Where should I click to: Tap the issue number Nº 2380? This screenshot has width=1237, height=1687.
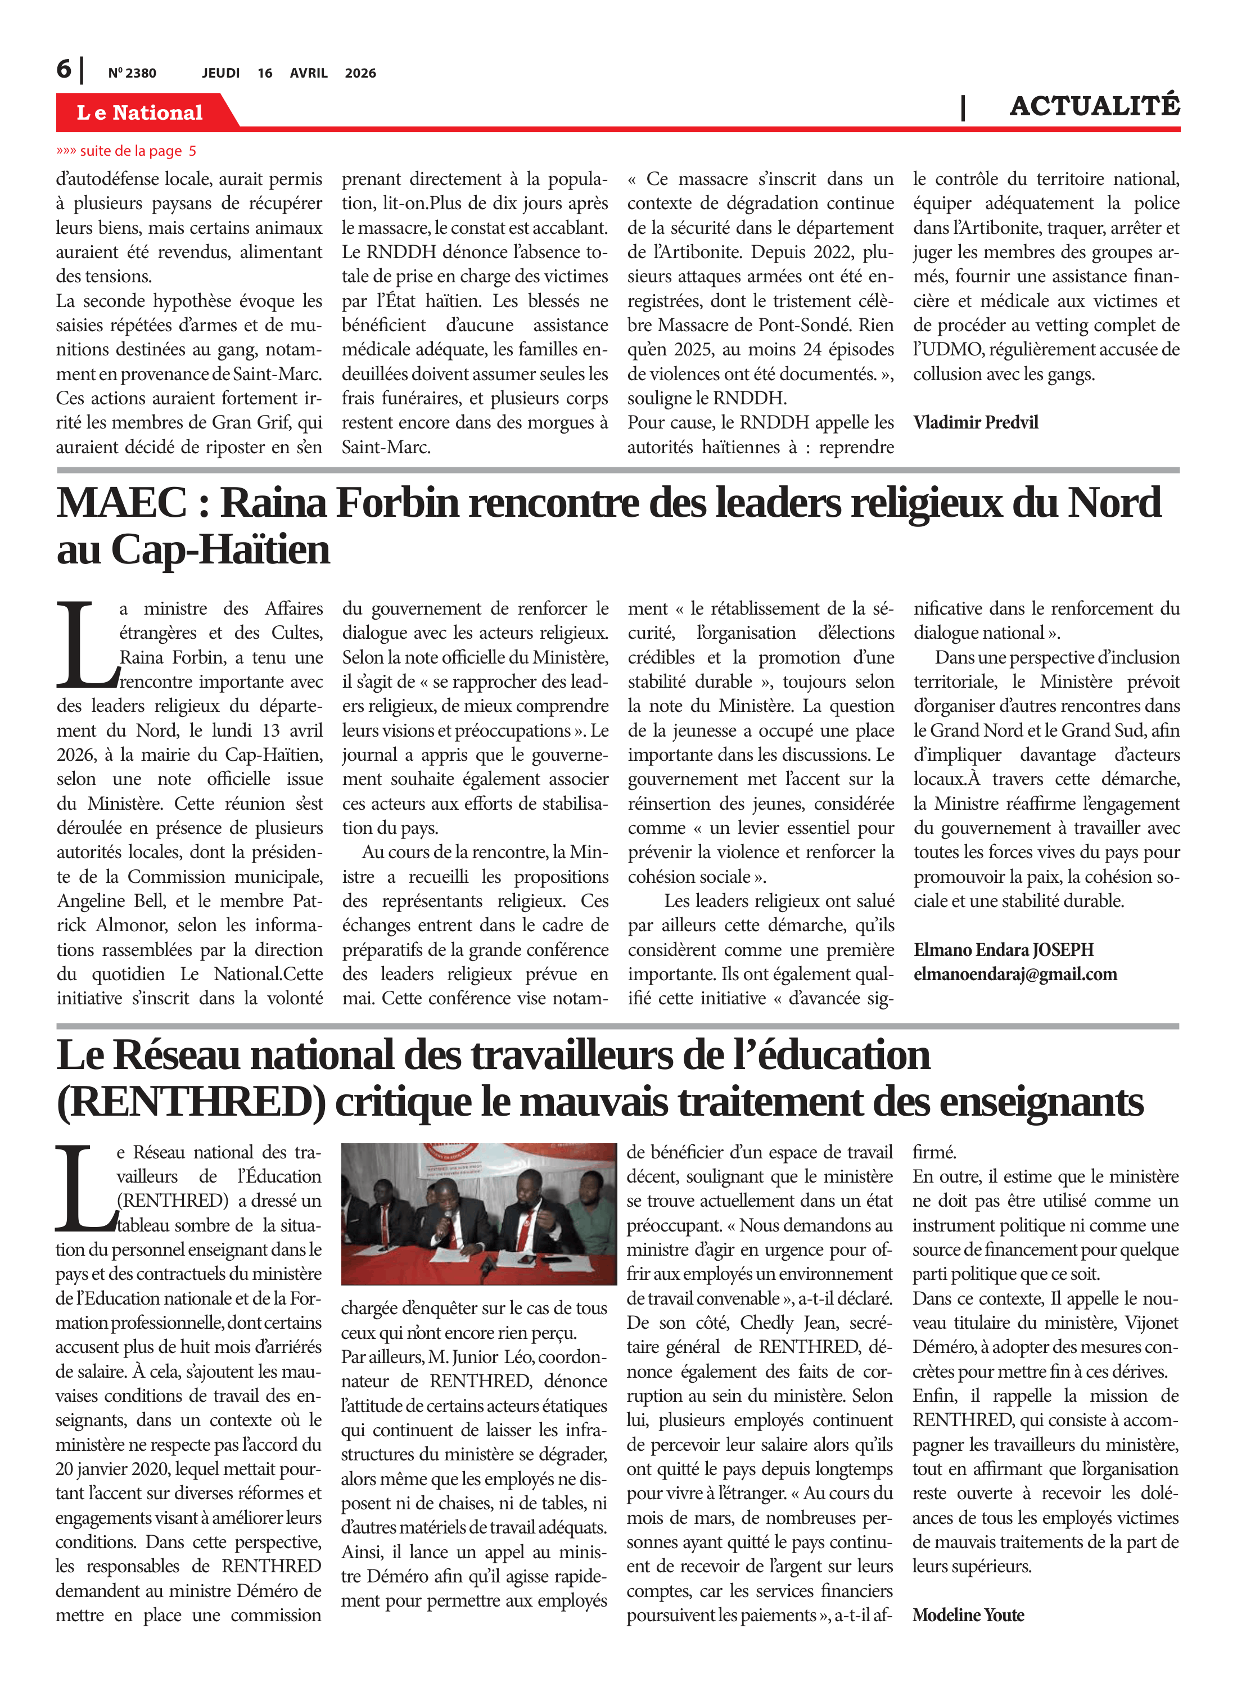(x=132, y=73)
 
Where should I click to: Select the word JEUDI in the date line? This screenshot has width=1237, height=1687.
(x=220, y=73)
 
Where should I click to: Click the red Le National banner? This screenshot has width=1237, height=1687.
(x=139, y=112)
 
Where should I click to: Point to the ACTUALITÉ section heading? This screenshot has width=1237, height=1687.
(x=1094, y=106)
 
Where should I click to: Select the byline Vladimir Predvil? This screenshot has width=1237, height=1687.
(x=975, y=422)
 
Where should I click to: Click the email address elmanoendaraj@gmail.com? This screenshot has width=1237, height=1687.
(x=1014, y=974)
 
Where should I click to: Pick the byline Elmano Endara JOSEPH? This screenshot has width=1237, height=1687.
(x=1003, y=949)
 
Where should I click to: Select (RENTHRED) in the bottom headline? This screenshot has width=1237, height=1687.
(x=191, y=1102)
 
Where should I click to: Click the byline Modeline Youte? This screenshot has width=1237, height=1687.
(x=968, y=1615)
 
